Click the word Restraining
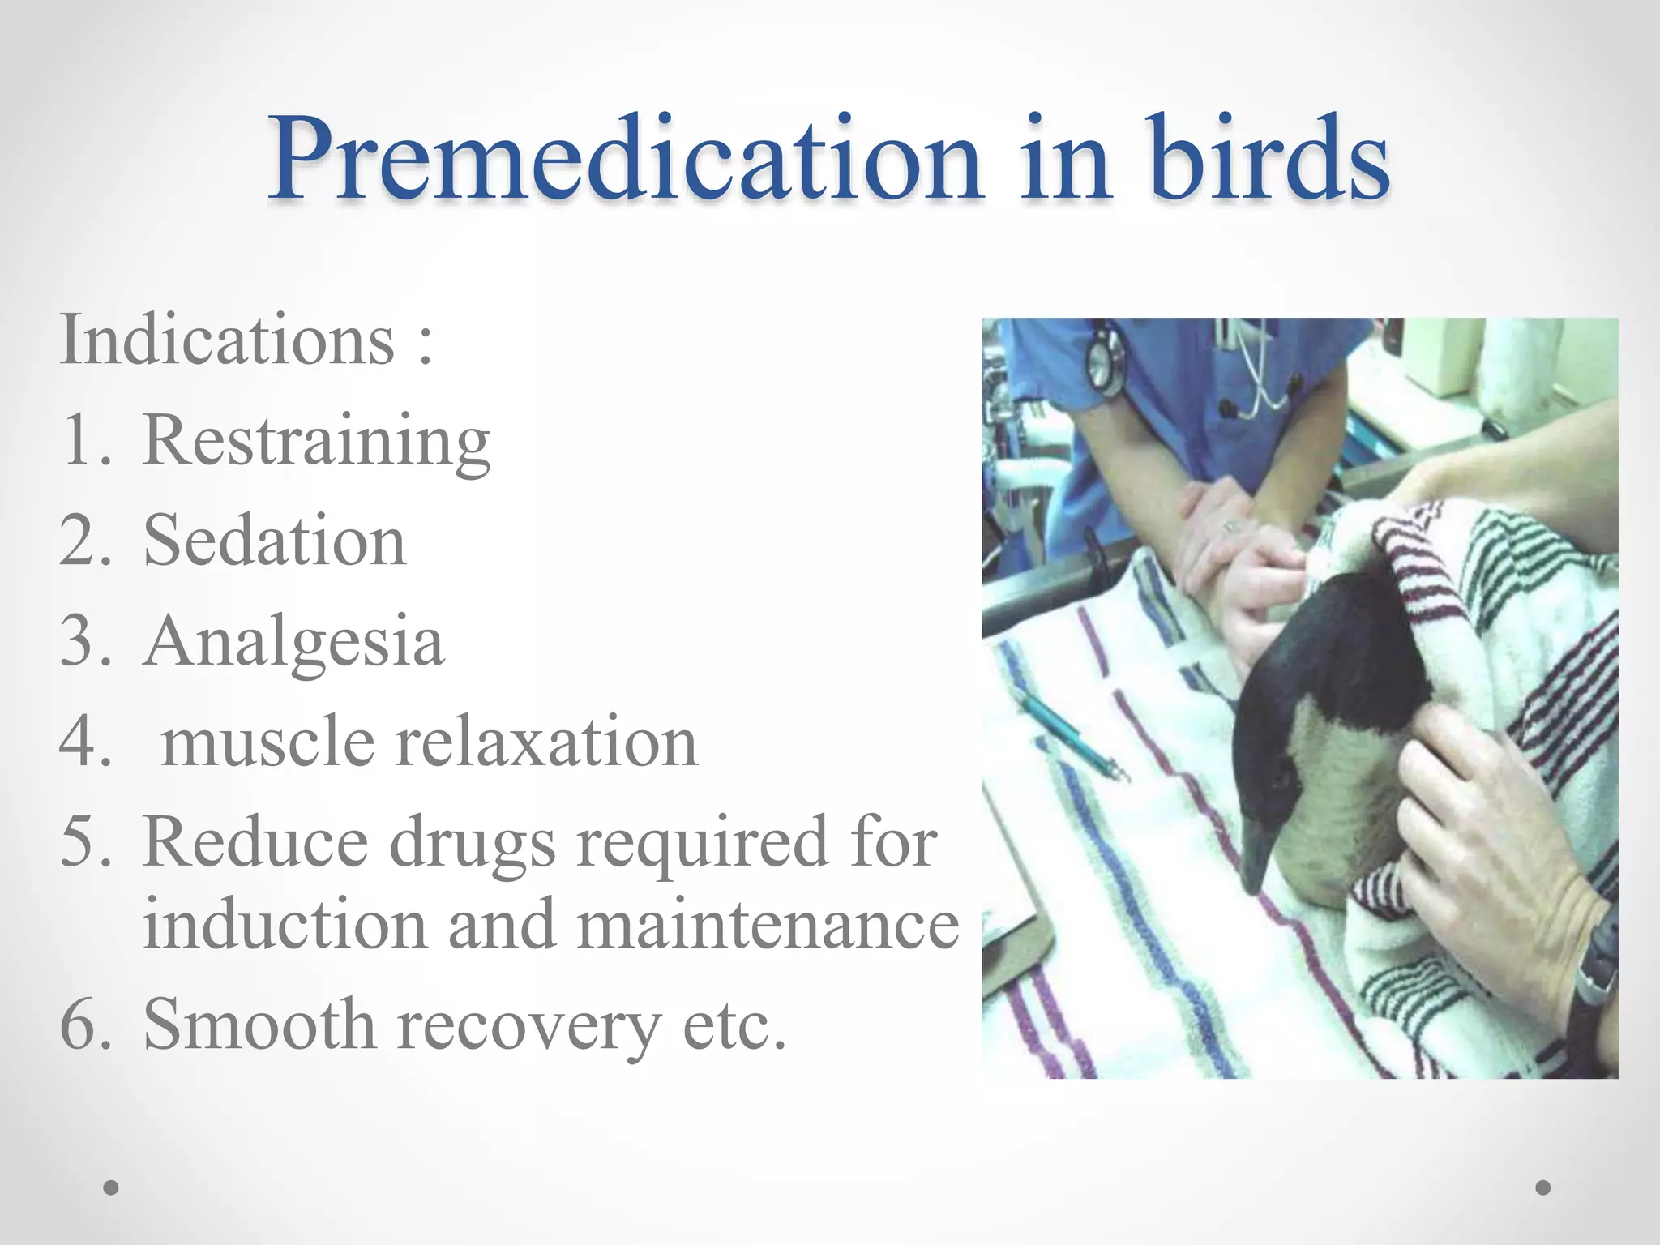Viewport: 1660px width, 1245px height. pos(316,442)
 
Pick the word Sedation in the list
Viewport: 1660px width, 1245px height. pos(274,541)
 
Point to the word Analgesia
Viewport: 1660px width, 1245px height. pos(293,642)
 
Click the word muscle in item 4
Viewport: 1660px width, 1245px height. pos(267,742)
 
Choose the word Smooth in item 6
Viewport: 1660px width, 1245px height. pos(259,1024)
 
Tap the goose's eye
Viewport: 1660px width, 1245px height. pos(1278,780)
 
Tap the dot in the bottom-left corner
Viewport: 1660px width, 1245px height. pos(112,1187)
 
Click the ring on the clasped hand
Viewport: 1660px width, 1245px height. pos(1231,526)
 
